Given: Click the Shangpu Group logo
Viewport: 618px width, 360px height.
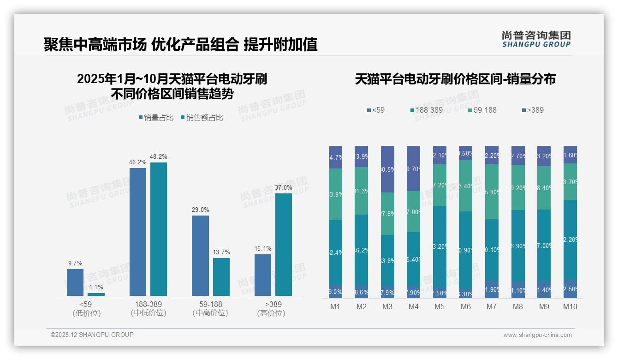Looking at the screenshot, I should click(536, 39).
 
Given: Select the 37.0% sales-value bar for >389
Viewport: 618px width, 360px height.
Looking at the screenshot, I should click(284, 244).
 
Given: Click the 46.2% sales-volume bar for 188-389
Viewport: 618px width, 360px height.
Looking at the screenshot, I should click(137, 232).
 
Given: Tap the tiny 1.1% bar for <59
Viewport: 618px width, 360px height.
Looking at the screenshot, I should click(96, 294).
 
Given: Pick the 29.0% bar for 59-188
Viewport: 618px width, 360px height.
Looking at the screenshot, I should click(200, 255).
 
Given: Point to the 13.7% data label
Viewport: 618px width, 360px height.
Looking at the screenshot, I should click(221, 252).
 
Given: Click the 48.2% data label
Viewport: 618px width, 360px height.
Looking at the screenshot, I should click(158, 157).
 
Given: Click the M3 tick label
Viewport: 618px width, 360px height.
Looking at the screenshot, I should click(387, 307).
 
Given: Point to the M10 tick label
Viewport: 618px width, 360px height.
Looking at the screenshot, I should click(570, 307).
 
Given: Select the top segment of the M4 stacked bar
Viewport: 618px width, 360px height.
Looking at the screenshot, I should click(413, 168).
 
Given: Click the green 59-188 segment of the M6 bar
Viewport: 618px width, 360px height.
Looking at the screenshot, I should click(465, 186).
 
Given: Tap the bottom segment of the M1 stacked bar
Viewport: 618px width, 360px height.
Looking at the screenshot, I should click(335, 292).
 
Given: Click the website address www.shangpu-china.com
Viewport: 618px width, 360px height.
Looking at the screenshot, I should click(537, 335).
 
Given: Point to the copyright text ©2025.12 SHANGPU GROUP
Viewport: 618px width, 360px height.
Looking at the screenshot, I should click(92, 335).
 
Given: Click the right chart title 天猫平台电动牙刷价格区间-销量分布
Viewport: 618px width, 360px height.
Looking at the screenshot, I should click(455, 79).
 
